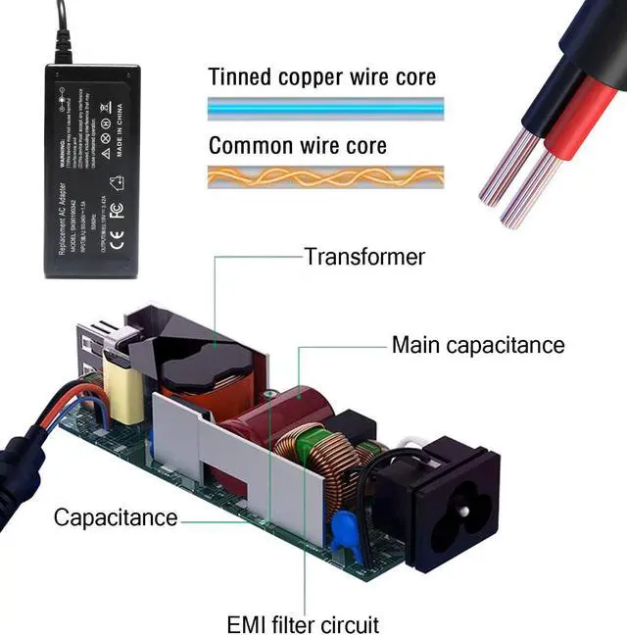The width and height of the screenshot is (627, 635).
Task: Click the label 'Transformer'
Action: (364, 257)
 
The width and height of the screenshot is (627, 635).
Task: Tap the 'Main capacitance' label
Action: (478, 345)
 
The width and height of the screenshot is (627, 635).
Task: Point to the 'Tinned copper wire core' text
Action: (322, 77)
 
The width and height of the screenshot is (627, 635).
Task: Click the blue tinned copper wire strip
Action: (325, 106)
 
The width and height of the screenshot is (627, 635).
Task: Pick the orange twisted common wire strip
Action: (325, 176)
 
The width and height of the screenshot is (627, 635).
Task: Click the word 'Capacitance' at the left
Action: (115, 517)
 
